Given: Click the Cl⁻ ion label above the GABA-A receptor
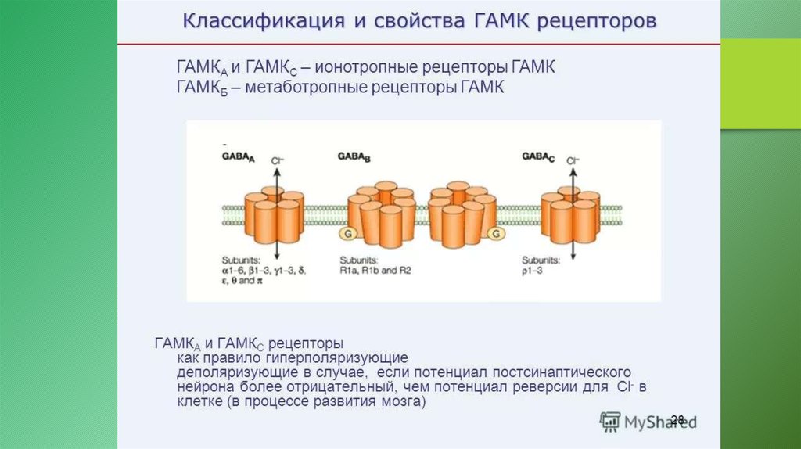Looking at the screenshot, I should coord(277,161).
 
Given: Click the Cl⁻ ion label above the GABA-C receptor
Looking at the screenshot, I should coord(573,161).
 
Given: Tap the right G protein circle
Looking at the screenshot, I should coord(494,233).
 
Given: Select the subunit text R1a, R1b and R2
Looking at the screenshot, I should coord(375,268).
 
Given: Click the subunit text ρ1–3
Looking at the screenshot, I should coord(534,268).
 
